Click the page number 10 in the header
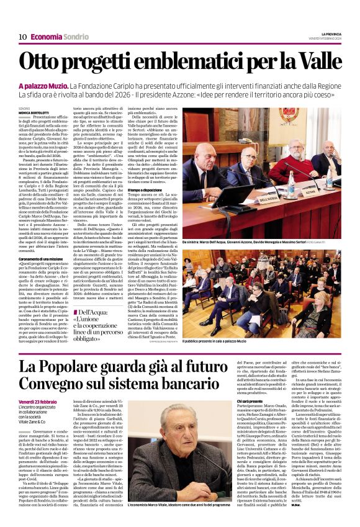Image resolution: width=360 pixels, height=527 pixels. click(x=22, y=37)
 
